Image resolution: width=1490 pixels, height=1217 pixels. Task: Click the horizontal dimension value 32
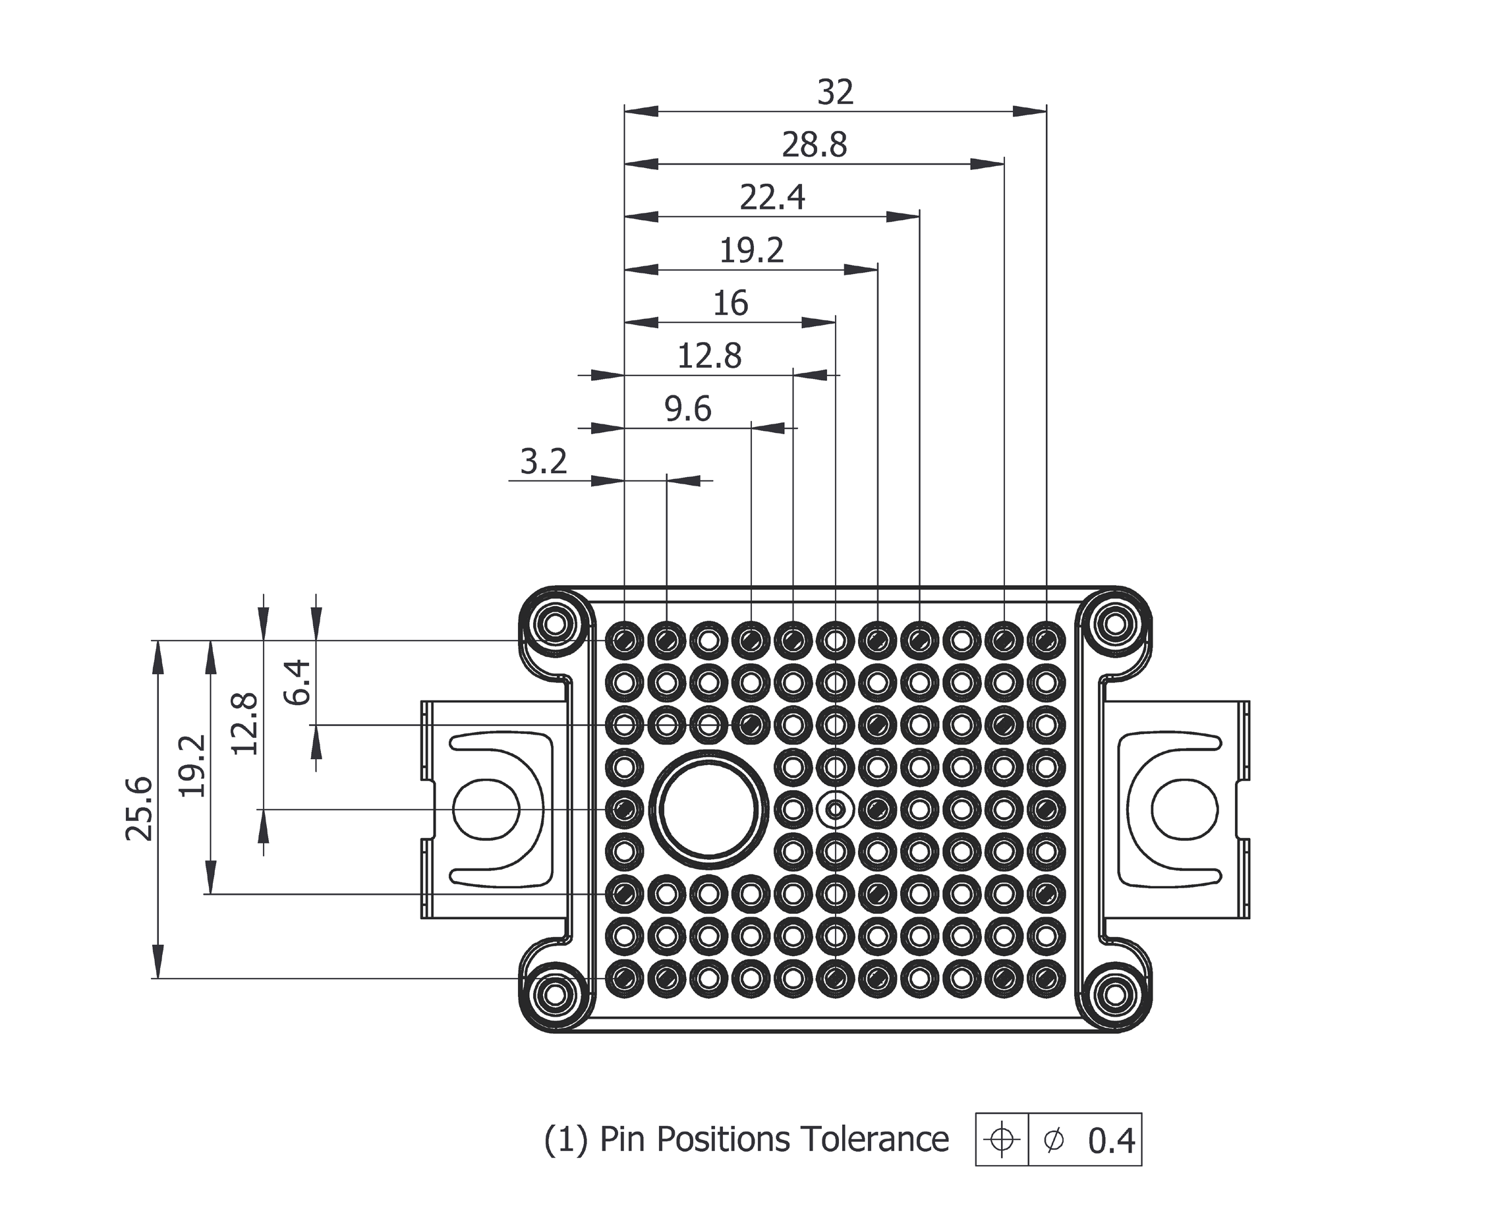tap(835, 92)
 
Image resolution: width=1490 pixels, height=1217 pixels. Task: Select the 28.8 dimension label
tap(814, 145)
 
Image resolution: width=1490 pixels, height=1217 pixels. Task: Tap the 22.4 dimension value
tap(772, 198)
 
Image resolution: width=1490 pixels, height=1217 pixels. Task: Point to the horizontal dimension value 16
tap(730, 304)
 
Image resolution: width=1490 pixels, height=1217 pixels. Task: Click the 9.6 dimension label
tap(688, 409)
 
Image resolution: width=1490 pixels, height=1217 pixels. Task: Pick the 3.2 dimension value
tap(544, 462)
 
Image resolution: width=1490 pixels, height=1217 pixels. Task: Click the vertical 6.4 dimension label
tap(297, 682)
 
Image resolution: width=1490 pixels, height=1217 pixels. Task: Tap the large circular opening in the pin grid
tap(708, 809)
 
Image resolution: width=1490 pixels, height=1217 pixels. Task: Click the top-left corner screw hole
tap(555, 623)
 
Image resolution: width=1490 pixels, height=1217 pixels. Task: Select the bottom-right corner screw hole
tap(1115, 994)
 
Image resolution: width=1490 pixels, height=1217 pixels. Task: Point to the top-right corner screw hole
tap(1115, 623)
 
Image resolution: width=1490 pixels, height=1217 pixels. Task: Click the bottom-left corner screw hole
tap(555, 994)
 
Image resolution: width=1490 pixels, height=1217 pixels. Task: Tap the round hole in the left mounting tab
tap(486, 809)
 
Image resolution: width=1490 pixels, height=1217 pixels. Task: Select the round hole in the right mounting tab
tap(1184, 809)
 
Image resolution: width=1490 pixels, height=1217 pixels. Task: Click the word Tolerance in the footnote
tap(874, 1139)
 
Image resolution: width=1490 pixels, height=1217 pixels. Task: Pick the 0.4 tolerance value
tap(1110, 1141)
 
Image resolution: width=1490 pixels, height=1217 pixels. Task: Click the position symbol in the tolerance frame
tap(1001, 1140)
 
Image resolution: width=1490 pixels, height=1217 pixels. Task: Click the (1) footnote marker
tap(566, 1140)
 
